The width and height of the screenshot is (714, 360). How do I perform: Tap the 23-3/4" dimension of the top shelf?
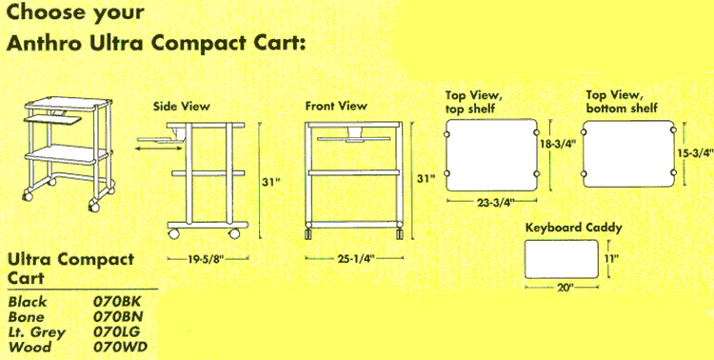pyautogui.click(x=492, y=203)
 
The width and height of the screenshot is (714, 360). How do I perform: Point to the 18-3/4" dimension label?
pyautogui.click(x=558, y=145)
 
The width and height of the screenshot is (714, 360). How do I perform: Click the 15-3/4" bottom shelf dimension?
pyautogui.click(x=695, y=153)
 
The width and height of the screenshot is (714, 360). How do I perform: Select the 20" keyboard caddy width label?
pyautogui.click(x=562, y=289)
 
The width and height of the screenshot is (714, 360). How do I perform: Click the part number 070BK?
pyautogui.click(x=117, y=302)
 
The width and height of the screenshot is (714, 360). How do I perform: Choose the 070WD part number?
pyautogui.click(x=120, y=348)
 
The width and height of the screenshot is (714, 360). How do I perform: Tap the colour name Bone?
pyautogui.click(x=27, y=317)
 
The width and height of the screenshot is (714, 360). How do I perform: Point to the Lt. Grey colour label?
pyautogui.click(x=36, y=332)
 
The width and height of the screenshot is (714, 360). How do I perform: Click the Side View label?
pyautogui.click(x=181, y=107)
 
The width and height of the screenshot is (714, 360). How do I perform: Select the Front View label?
pyautogui.click(x=336, y=106)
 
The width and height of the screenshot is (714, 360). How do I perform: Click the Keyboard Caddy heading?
pyautogui.click(x=574, y=228)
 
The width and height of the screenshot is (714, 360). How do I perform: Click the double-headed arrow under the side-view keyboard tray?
pyautogui.click(x=159, y=149)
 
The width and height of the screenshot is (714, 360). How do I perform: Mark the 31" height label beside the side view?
pyautogui.click(x=270, y=182)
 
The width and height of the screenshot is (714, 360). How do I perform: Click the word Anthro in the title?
pyautogui.click(x=44, y=44)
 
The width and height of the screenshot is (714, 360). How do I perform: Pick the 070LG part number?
pyautogui.click(x=116, y=331)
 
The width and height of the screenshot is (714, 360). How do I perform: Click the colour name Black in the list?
pyautogui.click(x=28, y=302)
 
